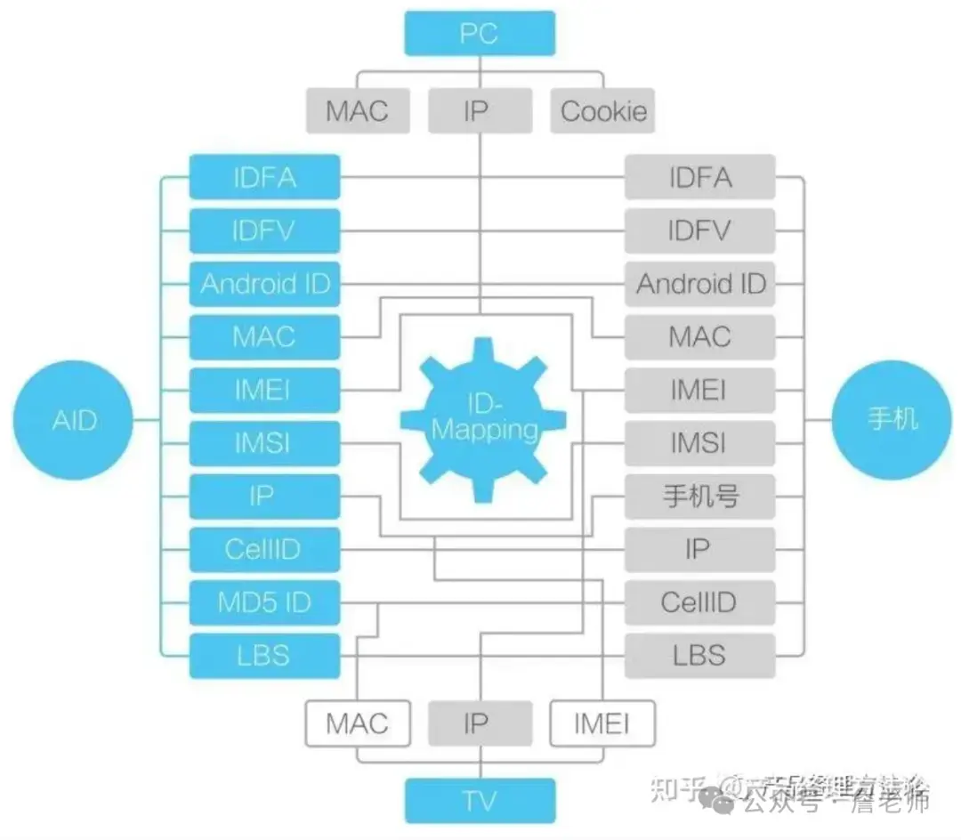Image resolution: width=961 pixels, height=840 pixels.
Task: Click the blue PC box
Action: point(480,34)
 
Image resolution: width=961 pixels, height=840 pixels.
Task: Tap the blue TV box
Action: point(480,800)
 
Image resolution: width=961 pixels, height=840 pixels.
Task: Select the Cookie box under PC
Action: point(602,111)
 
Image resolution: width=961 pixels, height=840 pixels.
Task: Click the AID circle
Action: point(73,418)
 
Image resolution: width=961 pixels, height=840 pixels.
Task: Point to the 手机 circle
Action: point(892,418)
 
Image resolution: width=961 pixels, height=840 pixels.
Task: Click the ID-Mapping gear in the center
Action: point(484,418)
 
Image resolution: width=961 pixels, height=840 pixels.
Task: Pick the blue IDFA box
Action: point(265,177)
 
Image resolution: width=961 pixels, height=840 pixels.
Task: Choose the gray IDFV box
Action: point(699,230)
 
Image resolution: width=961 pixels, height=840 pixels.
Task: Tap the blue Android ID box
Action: point(265,284)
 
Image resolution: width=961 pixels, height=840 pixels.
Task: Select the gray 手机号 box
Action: point(699,497)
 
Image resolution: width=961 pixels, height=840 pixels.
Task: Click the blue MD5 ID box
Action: point(265,602)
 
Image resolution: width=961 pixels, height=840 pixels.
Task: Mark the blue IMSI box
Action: point(265,442)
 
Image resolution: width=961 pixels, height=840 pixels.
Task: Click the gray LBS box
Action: point(699,656)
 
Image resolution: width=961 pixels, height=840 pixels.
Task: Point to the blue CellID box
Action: point(265,549)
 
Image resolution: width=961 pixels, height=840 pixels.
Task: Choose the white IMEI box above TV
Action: point(602,723)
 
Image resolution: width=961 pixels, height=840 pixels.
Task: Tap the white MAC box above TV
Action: point(358,723)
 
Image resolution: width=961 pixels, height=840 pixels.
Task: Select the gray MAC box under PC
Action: point(358,111)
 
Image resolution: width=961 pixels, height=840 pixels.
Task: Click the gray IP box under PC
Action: point(480,111)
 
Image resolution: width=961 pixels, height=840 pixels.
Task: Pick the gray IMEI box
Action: point(699,390)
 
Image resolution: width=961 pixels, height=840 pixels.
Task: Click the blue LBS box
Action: point(265,656)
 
